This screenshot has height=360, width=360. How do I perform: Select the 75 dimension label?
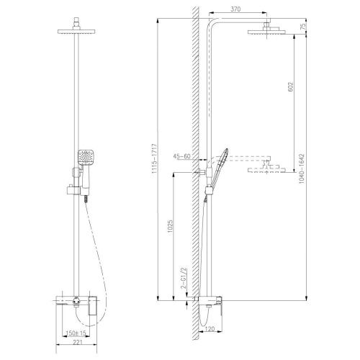(306, 28)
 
